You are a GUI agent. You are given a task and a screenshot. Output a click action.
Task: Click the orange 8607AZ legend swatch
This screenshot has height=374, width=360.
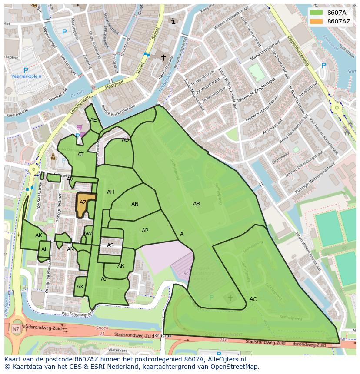(316, 21)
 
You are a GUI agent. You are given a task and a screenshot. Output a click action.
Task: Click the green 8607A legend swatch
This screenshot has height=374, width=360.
(316, 13)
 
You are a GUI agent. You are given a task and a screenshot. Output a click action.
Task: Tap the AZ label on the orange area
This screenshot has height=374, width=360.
(83, 202)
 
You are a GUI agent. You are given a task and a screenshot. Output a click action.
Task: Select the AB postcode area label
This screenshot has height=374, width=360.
(197, 204)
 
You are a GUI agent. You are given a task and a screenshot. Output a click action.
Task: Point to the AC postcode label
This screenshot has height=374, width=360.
(253, 299)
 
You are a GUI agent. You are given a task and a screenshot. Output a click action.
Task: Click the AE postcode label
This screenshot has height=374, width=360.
(93, 120)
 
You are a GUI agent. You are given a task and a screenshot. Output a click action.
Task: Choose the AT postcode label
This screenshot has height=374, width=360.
(80, 155)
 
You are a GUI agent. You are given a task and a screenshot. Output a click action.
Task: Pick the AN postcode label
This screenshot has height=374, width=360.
(135, 204)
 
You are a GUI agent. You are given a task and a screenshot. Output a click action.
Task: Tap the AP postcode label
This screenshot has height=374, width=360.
(145, 231)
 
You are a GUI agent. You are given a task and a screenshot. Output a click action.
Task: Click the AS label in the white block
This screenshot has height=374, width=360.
(110, 245)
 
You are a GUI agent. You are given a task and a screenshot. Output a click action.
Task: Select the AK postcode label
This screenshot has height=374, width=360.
(39, 235)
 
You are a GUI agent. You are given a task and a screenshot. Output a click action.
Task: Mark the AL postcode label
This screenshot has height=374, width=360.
(44, 249)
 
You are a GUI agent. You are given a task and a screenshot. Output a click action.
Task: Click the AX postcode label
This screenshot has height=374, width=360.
(80, 287)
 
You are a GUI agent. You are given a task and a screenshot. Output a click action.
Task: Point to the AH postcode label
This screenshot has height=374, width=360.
(110, 192)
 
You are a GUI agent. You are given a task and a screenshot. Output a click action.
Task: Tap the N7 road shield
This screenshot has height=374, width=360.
(16, 329)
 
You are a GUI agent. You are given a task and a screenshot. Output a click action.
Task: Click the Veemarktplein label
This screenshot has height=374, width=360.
(27, 76)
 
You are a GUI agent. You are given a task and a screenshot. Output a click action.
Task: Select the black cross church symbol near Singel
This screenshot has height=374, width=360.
(163, 57)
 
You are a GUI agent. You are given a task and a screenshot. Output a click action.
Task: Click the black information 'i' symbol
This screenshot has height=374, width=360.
(173, 21)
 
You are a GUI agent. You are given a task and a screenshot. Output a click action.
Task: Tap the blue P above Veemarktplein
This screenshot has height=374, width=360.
(26, 70)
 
